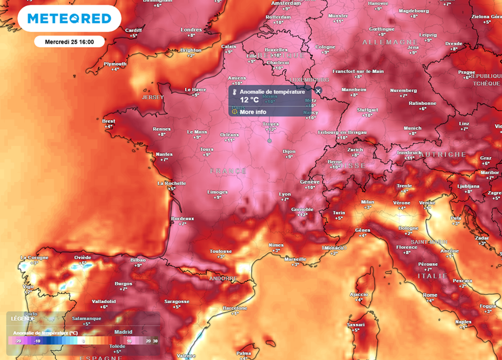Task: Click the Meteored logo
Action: pos(69,19)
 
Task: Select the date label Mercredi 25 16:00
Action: pos(69,42)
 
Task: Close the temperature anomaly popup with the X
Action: pos(318,91)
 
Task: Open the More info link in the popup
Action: pos(253,112)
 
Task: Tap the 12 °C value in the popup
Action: pos(249,100)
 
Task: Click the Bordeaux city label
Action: pos(182,218)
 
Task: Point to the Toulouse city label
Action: pos(221,251)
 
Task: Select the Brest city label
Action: pos(109,121)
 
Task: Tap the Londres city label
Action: pos(191,30)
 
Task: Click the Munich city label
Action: pos(412,128)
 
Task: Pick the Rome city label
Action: pos(430,295)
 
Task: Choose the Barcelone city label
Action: pos(235,308)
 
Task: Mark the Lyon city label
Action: pos(285,194)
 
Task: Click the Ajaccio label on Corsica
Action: pos(359,294)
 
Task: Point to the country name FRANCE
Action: pos(228,171)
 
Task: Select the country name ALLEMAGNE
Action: pos(390,43)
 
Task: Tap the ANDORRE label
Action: pos(223,279)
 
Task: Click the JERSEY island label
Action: pos(152,97)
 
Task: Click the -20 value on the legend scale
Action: pos(18,341)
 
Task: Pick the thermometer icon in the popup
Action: pos(235,92)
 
